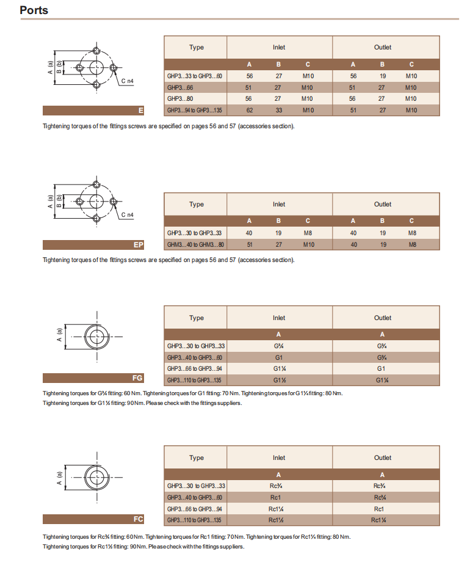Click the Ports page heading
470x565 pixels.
click(34, 10)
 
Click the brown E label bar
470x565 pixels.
click(93, 111)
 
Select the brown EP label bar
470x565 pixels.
click(93, 245)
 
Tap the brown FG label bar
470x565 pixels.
click(93, 378)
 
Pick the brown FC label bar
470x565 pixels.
click(93, 519)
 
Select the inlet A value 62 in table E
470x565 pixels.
click(249, 110)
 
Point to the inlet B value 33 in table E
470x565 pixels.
click(278, 110)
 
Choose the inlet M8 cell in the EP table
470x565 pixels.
click(308, 233)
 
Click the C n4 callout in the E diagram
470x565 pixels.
click(126, 81)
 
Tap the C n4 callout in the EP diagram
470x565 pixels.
click(126, 215)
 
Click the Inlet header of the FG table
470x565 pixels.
click(279, 318)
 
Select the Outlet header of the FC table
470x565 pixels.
click(383, 457)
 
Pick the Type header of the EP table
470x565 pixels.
click(196, 205)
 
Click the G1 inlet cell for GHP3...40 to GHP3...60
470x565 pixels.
click(279, 357)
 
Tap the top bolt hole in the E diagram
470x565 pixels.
click(96, 51)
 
